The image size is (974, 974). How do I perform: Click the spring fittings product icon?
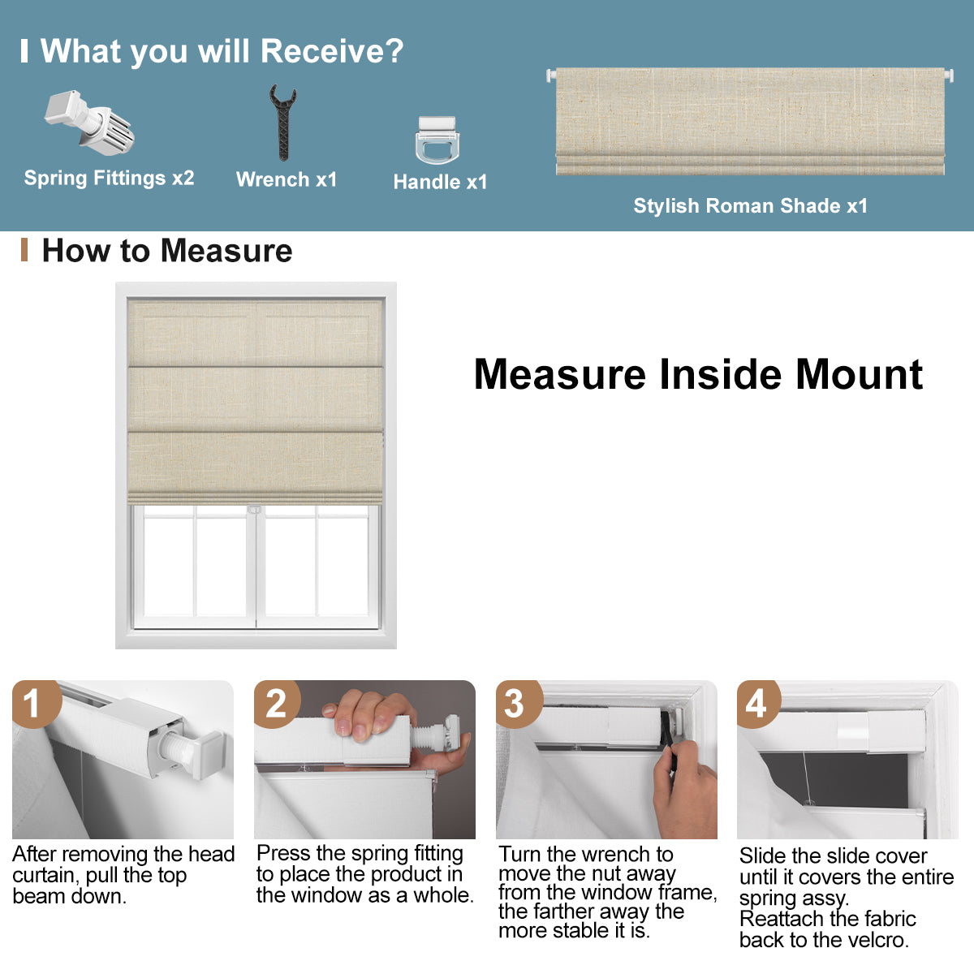(x=89, y=122)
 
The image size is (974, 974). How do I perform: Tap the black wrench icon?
(x=282, y=123)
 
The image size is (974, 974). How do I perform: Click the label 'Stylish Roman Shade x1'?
(x=750, y=206)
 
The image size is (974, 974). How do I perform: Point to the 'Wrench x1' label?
(x=286, y=179)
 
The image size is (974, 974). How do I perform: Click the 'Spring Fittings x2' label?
(x=109, y=178)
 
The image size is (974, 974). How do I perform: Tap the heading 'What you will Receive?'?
(x=222, y=51)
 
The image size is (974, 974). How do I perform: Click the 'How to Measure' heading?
(x=166, y=251)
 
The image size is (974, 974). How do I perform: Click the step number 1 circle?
(x=32, y=702)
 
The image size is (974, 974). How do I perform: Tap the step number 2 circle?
(x=276, y=702)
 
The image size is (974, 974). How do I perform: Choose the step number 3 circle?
(x=515, y=702)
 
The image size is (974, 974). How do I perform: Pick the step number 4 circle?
(x=756, y=702)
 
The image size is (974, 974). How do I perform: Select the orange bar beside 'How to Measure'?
(x=24, y=250)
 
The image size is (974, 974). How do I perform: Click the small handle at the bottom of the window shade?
(x=255, y=509)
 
